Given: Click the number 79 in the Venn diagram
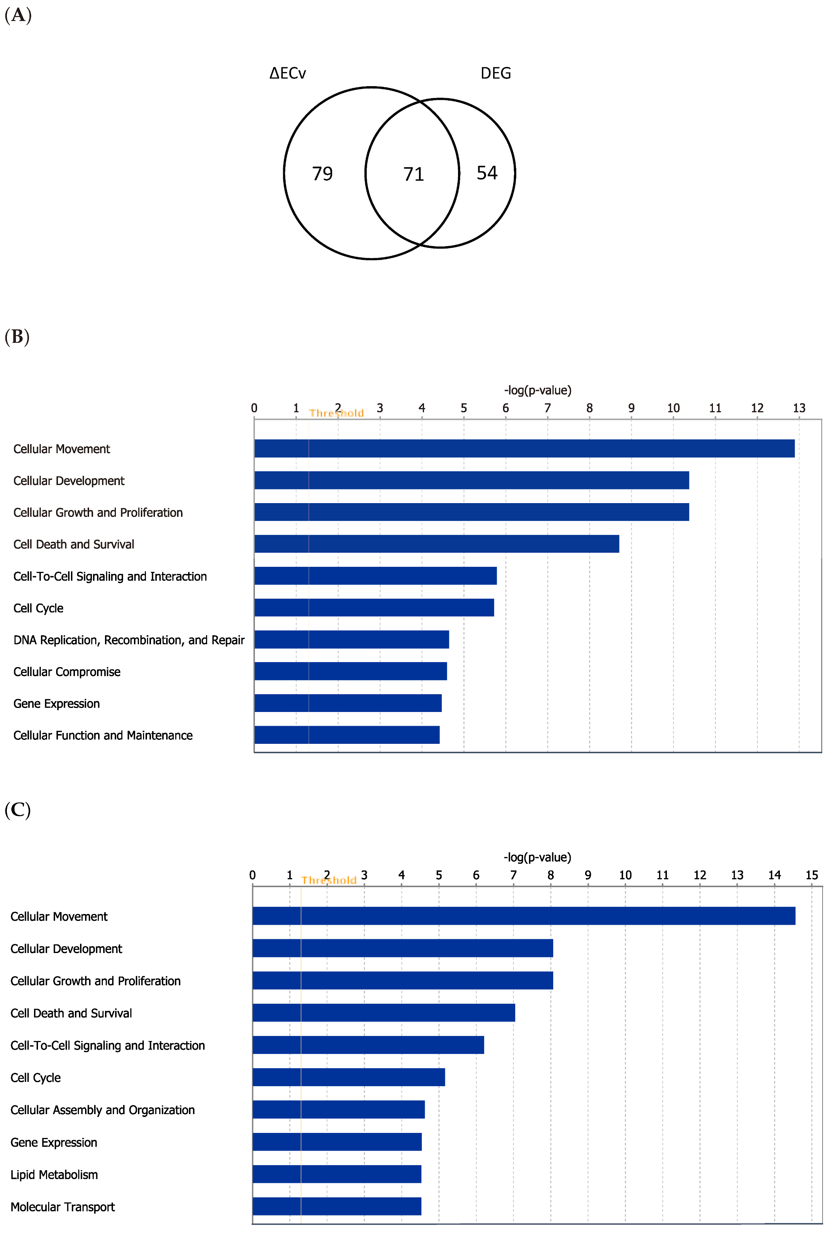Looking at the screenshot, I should point(322,173).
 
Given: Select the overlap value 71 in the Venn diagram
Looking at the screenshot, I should point(413,174).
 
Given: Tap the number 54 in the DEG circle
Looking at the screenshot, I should point(487,173).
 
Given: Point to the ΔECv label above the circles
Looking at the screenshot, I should point(287,73).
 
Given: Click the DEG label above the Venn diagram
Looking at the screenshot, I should point(496,73).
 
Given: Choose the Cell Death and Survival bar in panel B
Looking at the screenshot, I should point(436,544).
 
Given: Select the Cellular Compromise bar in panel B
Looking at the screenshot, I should point(350,671).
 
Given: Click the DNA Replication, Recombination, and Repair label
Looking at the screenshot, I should point(129,640).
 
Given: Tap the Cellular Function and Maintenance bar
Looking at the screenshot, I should point(346,735).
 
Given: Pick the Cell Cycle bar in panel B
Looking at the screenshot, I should point(374,607).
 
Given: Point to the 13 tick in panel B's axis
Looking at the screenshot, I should point(799,408).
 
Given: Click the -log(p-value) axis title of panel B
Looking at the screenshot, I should point(538,391).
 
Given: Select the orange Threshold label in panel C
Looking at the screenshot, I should point(329,880).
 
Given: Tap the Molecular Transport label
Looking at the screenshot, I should point(63,1207).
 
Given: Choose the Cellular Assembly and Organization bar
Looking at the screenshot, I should point(338,1109).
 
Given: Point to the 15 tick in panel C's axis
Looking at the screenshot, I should point(811,875).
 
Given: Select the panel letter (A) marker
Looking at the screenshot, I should point(18,15).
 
